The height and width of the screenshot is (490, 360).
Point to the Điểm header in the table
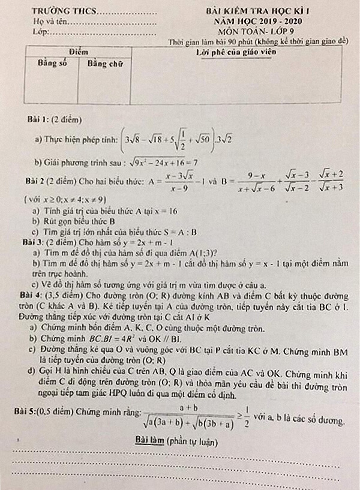point(79,53)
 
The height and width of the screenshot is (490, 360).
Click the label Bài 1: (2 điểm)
point(54,120)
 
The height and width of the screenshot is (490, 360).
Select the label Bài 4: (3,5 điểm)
point(53,296)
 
